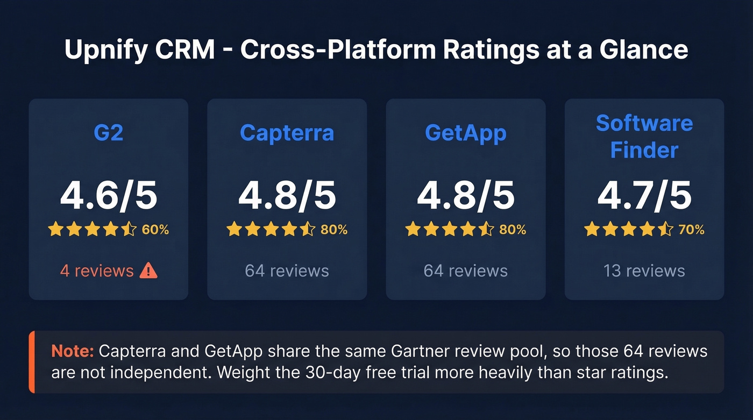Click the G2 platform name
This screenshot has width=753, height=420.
pos(109,133)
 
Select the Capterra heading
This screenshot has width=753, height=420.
pos(287,133)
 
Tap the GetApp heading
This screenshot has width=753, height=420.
pos(465,133)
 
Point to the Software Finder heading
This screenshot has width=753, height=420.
pos(644,137)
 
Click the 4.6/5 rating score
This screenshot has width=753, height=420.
pos(109,196)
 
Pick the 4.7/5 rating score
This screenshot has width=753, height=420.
pos(644,196)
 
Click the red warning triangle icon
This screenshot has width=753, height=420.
pos(148,271)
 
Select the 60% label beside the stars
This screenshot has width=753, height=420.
pos(155,230)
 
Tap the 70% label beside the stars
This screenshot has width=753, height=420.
pos(691,230)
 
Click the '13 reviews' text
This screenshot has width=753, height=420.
pos(644,270)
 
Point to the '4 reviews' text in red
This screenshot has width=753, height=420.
pos(97,270)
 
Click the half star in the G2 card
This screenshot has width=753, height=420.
pos(129,230)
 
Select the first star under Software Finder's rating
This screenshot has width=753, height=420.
pos(592,230)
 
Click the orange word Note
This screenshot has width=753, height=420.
pos(73,352)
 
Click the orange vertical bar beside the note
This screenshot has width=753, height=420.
pos(32,362)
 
